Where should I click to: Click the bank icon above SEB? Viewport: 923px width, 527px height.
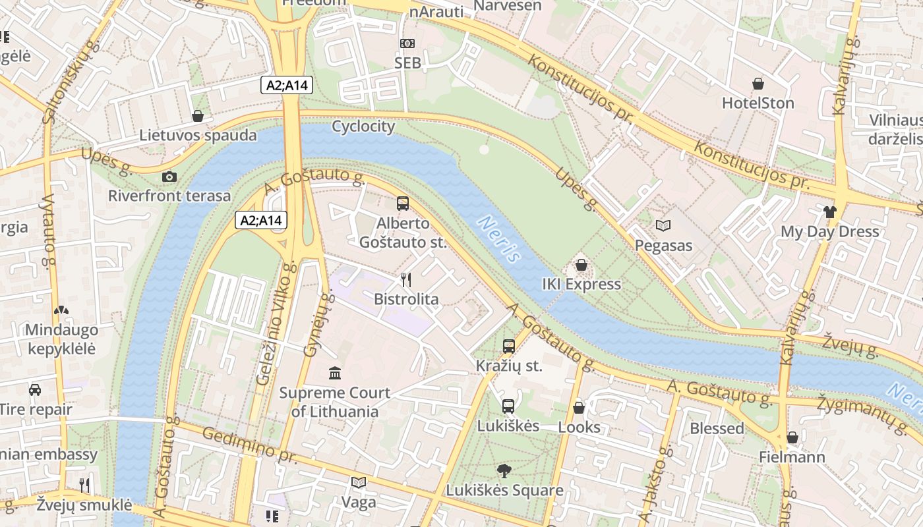pos(407,43)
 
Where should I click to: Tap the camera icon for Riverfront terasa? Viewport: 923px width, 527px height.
pos(169,177)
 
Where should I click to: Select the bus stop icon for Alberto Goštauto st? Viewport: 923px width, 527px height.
pos(403,204)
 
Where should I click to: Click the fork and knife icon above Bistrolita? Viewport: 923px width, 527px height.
pos(406,280)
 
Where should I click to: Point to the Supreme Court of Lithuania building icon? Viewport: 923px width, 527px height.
pos(335,374)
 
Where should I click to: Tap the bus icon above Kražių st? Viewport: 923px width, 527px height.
pos(508,347)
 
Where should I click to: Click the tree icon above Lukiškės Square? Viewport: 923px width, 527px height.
pos(504,471)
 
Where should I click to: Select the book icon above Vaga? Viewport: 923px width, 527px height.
pos(358,483)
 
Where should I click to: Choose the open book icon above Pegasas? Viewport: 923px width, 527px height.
pos(663,226)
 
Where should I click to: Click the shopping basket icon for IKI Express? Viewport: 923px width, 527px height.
pos(581,265)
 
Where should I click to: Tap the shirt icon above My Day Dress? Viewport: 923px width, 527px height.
pos(829,212)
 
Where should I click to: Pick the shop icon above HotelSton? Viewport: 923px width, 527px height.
pos(758,84)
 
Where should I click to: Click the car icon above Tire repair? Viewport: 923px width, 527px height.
pos(35,390)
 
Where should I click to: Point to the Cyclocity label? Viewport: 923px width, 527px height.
pos(363,126)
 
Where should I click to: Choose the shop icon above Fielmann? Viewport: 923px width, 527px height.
pos(792,437)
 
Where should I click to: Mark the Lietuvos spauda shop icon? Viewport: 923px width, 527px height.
pos(197,117)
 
